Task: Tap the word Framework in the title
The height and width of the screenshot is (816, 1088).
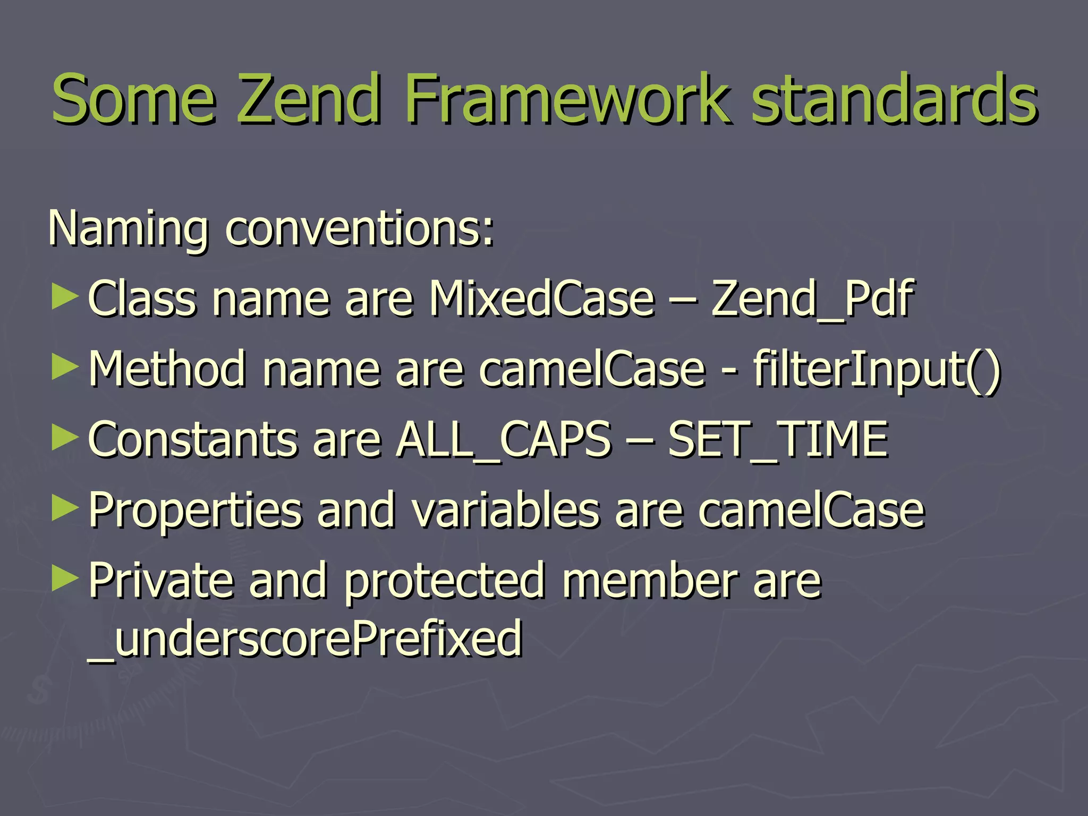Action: (x=565, y=99)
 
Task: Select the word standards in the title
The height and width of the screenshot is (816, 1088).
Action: (x=894, y=99)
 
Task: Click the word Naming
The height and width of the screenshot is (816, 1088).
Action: (x=127, y=229)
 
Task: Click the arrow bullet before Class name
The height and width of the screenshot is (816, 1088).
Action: (x=65, y=297)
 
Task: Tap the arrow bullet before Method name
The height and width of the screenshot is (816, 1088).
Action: (x=65, y=368)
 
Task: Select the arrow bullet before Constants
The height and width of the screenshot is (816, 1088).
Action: (x=65, y=439)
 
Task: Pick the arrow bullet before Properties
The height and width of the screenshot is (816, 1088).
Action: (x=65, y=509)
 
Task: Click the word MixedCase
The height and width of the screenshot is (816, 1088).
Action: (x=542, y=299)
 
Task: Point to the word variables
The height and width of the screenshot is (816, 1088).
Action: (x=505, y=510)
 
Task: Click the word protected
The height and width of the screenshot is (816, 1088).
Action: (x=445, y=582)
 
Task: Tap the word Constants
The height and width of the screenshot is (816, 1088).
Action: (x=192, y=440)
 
